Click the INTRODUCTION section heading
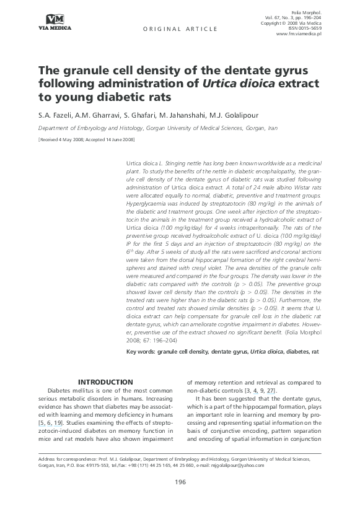(107, 382)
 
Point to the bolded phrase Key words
(141, 351)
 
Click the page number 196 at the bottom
(180, 482)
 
